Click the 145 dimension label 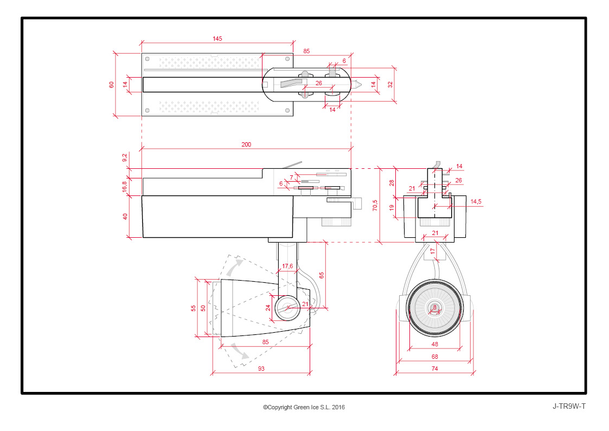(217, 39)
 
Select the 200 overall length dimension (246, 144)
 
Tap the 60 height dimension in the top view (112, 84)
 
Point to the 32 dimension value (390, 84)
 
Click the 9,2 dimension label (124, 158)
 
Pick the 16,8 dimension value (124, 187)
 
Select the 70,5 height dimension (375, 205)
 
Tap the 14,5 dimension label (476, 201)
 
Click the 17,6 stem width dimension (287, 266)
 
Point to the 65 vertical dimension (321, 275)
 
